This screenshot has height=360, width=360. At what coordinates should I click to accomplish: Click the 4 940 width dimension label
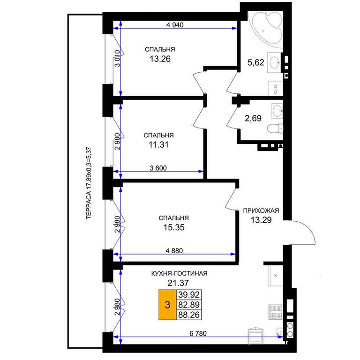tap(175, 24)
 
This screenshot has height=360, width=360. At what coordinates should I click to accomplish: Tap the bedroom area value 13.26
tap(160, 59)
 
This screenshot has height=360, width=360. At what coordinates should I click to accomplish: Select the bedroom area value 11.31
tap(158, 145)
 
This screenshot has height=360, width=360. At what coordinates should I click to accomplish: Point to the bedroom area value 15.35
tap(174, 227)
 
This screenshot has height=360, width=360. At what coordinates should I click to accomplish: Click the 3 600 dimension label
tap(158, 168)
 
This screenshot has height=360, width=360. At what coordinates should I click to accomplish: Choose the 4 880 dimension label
tap(174, 251)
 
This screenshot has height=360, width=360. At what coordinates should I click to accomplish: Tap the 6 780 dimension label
tap(198, 333)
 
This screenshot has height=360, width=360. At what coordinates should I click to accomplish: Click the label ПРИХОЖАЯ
tap(261, 210)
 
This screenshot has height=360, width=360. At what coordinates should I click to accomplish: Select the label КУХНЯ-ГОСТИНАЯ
tap(180, 273)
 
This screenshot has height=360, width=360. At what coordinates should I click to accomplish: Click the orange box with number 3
tap(167, 305)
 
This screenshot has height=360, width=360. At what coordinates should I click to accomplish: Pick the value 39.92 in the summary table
tap(189, 294)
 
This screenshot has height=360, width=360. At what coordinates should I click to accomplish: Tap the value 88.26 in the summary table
tap(189, 315)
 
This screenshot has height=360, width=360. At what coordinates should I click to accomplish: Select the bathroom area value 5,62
tap(256, 62)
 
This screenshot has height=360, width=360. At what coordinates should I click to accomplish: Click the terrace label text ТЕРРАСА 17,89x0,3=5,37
tap(89, 183)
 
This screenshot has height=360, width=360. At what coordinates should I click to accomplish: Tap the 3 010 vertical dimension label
tap(117, 58)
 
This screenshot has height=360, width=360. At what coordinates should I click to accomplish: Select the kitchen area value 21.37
tap(178, 283)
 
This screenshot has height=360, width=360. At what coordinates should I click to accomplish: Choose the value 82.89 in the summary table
tap(189, 305)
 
